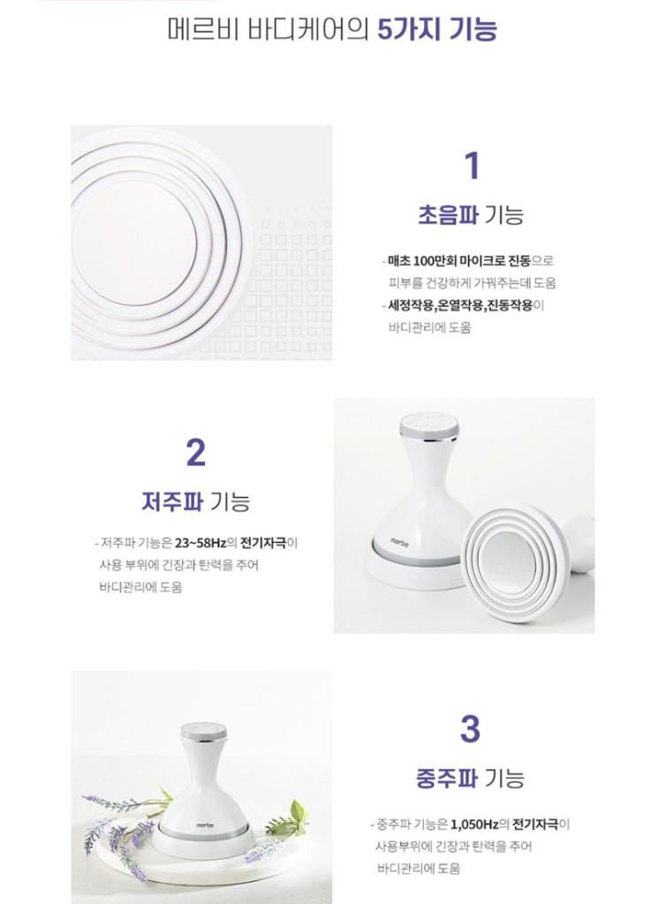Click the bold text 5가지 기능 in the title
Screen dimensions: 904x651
[436, 28]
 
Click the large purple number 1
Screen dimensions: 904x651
[471, 166]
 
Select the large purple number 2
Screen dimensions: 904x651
[195, 452]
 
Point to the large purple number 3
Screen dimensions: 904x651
[470, 729]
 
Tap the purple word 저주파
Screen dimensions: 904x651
[171, 501]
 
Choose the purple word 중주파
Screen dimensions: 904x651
[446, 779]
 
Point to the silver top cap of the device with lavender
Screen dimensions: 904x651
[203, 732]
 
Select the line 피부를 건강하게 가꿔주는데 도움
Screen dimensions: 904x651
[473, 283]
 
